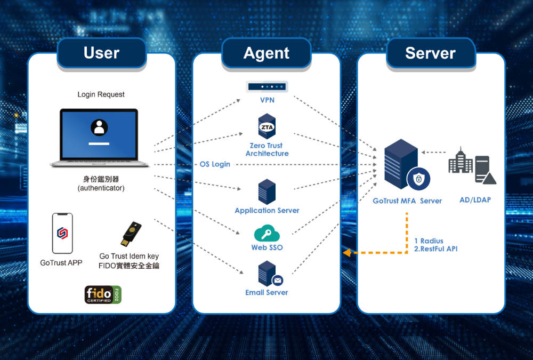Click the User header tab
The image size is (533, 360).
point(101,53)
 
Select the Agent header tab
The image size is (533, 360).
point(266,53)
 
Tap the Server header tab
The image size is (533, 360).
point(430,53)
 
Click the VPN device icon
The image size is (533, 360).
point(266,86)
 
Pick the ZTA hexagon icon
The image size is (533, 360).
point(266,127)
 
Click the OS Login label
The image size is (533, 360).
point(215,164)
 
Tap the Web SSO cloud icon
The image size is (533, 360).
point(266,234)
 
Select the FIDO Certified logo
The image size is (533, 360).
point(103,294)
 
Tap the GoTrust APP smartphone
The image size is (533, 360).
point(62,234)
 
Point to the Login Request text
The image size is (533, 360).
point(101,94)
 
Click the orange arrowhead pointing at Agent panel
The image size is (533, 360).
point(346,253)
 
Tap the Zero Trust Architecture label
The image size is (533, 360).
point(266,149)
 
